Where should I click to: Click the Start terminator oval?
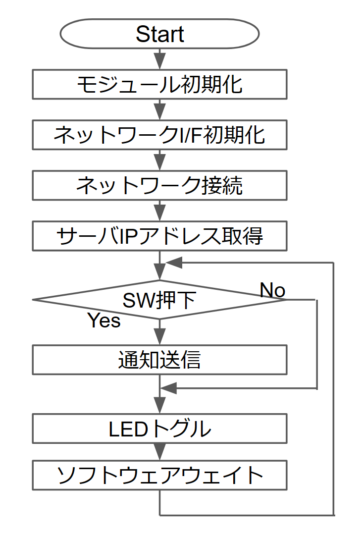[x=159, y=34]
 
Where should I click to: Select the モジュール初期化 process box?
[x=159, y=84]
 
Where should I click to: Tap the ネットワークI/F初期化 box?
[x=159, y=135]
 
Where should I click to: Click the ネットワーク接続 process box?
[x=159, y=185]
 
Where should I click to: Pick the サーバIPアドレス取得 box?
[x=159, y=236]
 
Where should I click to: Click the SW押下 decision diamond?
[x=159, y=300]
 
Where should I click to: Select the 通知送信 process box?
[x=159, y=360]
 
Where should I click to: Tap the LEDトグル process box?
[x=159, y=428]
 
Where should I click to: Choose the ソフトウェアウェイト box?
[x=159, y=475]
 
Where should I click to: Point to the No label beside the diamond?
[x=272, y=290]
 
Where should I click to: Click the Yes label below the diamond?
[x=104, y=321]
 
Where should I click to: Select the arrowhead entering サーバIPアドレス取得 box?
[x=159, y=214]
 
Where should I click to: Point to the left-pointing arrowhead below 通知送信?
[x=169, y=388]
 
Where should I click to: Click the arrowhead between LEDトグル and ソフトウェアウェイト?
[x=159, y=452]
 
